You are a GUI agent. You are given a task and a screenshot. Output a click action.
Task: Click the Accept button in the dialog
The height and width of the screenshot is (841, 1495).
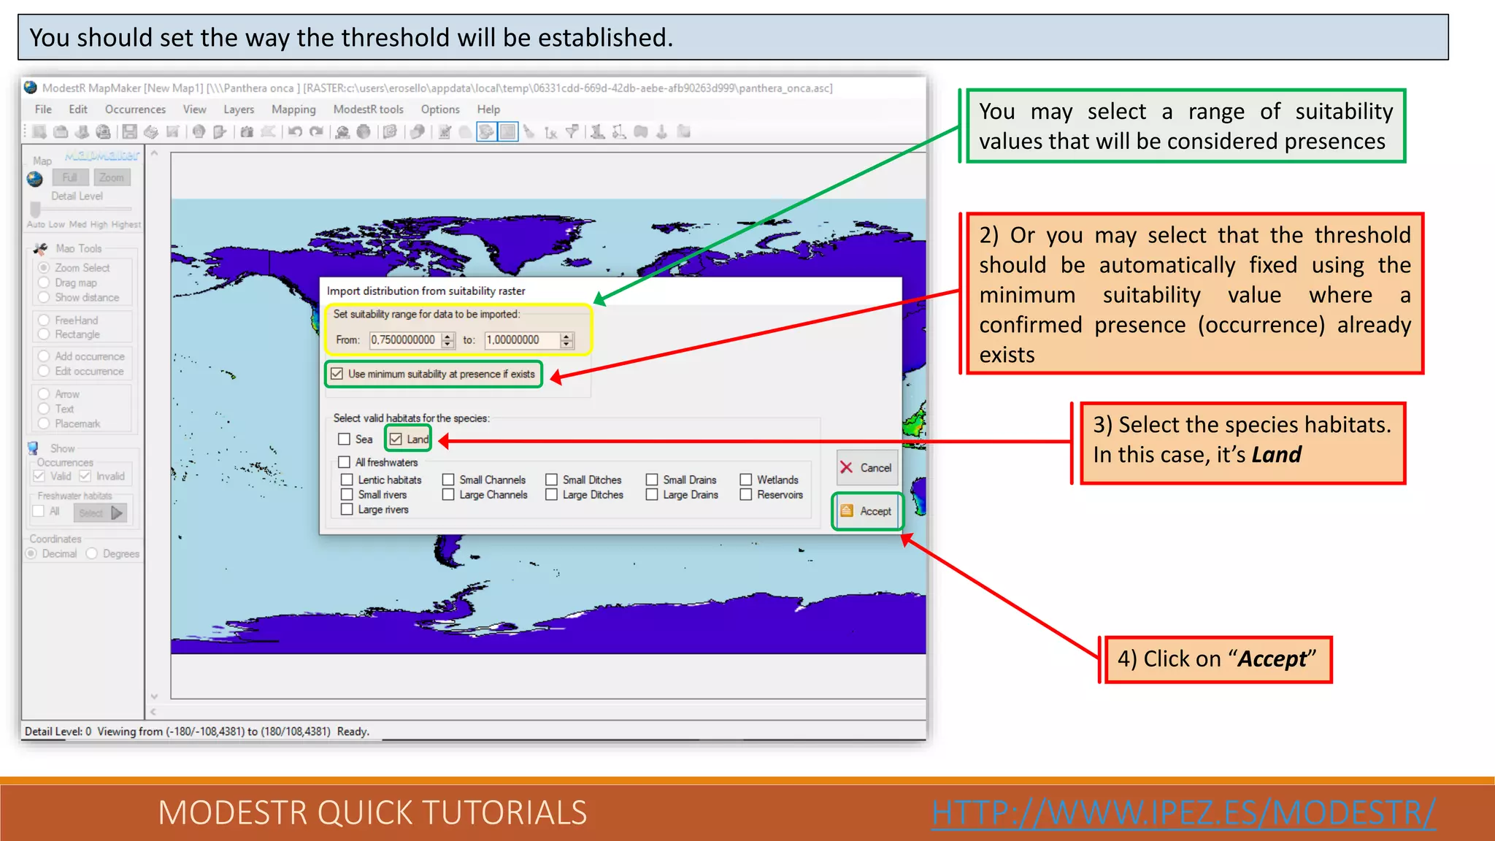click(866, 511)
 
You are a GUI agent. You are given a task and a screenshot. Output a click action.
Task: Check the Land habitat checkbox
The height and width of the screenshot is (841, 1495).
click(396, 439)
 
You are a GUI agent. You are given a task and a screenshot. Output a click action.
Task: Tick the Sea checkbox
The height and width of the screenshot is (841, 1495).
click(345, 439)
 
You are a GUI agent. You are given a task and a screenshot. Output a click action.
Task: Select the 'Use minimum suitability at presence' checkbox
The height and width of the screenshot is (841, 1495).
click(337, 374)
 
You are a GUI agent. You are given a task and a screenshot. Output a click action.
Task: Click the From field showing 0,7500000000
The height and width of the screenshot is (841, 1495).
click(404, 340)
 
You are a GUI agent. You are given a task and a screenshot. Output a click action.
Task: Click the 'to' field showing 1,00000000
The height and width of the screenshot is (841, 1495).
click(521, 340)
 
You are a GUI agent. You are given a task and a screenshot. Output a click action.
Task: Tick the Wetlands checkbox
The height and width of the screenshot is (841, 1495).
click(746, 480)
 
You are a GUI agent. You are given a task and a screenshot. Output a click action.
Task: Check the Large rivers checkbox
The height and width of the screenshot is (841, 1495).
click(347, 510)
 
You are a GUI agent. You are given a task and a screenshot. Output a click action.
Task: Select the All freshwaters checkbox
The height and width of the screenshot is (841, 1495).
click(345, 462)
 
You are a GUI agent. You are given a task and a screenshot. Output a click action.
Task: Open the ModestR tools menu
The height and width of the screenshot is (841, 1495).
click(368, 110)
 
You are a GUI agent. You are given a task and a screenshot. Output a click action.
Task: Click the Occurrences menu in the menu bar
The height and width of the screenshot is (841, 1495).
click(135, 110)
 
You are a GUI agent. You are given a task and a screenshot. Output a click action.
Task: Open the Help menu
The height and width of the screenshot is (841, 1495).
click(488, 110)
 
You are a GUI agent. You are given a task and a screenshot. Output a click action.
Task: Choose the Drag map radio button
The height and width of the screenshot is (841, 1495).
click(44, 283)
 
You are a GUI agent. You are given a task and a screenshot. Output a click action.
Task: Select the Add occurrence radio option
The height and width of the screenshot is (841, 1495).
click(44, 356)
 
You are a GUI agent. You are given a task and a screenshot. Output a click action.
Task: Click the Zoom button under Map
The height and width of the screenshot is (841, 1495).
click(111, 177)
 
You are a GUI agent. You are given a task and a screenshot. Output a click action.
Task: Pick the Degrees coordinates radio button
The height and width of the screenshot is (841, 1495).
click(92, 553)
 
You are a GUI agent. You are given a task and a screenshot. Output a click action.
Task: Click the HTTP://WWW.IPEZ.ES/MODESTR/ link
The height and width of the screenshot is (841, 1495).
click(1183, 813)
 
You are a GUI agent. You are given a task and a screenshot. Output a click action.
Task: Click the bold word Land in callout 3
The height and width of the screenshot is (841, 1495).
click(1276, 455)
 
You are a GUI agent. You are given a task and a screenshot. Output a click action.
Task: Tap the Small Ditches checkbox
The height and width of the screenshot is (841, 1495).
click(552, 480)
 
